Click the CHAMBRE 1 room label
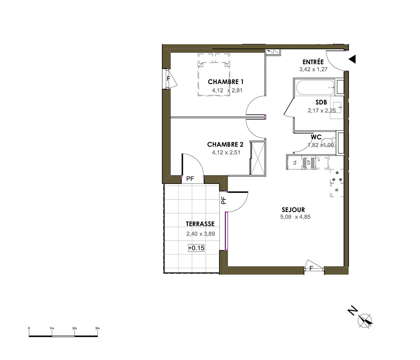[226, 81]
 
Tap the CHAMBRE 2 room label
[225, 145]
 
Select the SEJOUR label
[293, 210]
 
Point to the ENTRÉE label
[313, 62]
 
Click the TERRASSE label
[200, 224]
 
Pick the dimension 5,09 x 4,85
[295, 217]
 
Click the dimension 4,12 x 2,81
[227, 91]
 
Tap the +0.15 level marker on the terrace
[196, 248]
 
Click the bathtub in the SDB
[315, 87]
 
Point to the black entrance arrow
[352, 59]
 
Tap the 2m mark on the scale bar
[74, 328]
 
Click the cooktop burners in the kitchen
[337, 177]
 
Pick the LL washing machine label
[295, 162]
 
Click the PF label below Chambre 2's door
[190, 179]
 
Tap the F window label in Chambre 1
[168, 79]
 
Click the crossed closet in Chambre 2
[258, 158]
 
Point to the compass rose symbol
[365, 321]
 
